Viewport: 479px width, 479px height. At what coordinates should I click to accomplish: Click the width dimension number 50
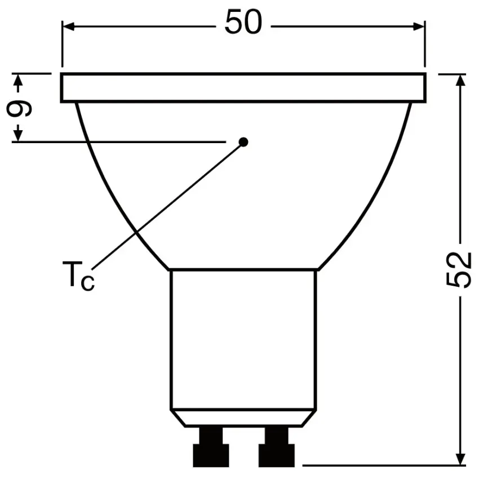(x=243, y=24)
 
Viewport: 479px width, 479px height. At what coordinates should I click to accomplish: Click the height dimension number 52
(x=460, y=269)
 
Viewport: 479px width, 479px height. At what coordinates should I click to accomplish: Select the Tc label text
(x=78, y=276)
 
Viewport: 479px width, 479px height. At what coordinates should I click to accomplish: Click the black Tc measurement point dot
(x=243, y=141)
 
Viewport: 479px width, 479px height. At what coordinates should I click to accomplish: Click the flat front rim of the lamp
(x=243, y=88)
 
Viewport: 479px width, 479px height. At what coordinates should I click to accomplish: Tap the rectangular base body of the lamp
(x=243, y=338)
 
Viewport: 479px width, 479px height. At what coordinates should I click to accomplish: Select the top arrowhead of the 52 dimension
(x=461, y=80)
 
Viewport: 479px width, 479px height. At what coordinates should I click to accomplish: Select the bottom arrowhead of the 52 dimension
(x=461, y=460)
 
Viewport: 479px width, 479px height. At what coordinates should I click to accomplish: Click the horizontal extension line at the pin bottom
(x=383, y=466)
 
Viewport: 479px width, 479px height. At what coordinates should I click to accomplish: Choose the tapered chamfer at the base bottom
(x=243, y=418)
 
